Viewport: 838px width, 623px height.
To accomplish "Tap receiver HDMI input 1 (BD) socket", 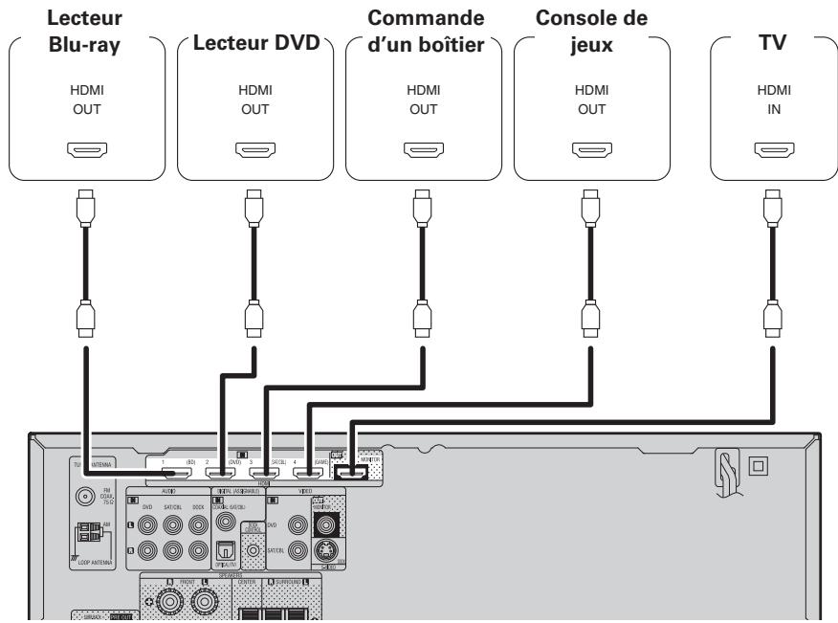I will click(x=178, y=471).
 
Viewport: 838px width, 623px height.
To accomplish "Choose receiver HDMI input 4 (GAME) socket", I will click(x=308, y=471).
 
